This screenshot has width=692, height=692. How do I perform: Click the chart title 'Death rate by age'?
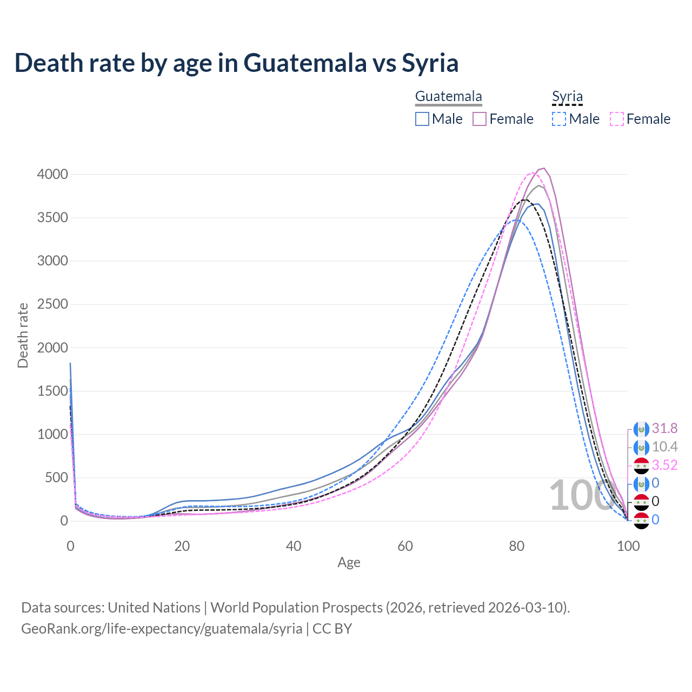pyautogui.click(x=236, y=63)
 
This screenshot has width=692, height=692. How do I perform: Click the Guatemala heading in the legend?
pyautogui.click(x=448, y=97)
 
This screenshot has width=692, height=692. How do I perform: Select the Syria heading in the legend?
pyautogui.click(x=567, y=97)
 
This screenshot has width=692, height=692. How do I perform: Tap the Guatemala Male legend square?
pyautogui.click(x=422, y=119)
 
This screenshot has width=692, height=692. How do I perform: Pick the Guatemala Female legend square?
pyautogui.click(x=480, y=119)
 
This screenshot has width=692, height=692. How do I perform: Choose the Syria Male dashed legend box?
pyautogui.click(x=559, y=119)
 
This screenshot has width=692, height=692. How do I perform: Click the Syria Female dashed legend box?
pyautogui.click(x=617, y=119)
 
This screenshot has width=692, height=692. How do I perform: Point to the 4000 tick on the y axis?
pyautogui.click(x=52, y=174)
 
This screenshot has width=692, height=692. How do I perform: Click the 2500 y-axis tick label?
pyautogui.click(x=52, y=304)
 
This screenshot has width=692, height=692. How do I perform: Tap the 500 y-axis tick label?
pyautogui.click(x=56, y=478)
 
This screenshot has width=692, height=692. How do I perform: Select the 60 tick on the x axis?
pyautogui.click(x=405, y=546)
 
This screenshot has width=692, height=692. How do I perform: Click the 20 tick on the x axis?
pyautogui.click(x=182, y=546)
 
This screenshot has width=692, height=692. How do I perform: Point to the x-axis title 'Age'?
pyautogui.click(x=349, y=563)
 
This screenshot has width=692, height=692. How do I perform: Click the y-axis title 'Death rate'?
pyautogui.click(x=23, y=336)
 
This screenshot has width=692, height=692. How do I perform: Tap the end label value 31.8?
pyautogui.click(x=664, y=429)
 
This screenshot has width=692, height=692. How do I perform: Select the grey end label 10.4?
pyautogui.click(x=664, y=447)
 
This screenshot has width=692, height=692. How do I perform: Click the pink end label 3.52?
pyautogui.click(x=664, y=465)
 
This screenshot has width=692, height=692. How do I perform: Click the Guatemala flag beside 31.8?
pyautogui.click(x=641, y=429)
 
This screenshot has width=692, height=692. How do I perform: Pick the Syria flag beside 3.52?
pyautogui.click(x=641, y=465)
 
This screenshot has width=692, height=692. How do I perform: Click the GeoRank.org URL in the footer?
pyautogui.click(x=162, y=629)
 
